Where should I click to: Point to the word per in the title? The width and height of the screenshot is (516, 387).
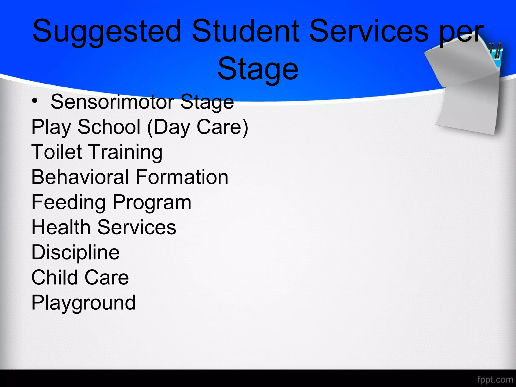point(461,34)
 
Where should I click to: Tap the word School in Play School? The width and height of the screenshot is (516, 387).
point(109,127)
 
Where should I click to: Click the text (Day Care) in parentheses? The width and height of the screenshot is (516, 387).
point(198,127)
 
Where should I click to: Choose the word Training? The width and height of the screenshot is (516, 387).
point(126,153)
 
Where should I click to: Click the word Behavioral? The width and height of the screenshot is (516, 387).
point(80,177)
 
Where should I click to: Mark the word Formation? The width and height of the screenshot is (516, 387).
point(182,177)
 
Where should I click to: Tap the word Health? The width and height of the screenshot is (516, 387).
point(61,227)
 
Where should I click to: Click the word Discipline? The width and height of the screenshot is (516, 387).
point(75,253)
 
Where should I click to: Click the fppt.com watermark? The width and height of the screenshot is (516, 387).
point(495,379)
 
